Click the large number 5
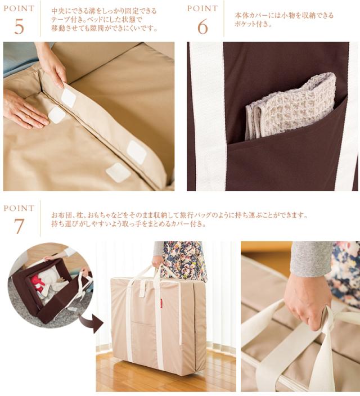pyautogui.click(x=19, y=27)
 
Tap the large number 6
pyautogui.click(x=202, y=27)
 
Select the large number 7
pyautogui.click(x=19, y=226)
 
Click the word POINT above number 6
pyautogui.click(x=202, y=8)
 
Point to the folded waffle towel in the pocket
pyautogui.click(x=290, y=106)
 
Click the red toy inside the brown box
pyautogui.click(x=37, y=282)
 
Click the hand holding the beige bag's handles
pyautogui.click(x=159, y=263)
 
